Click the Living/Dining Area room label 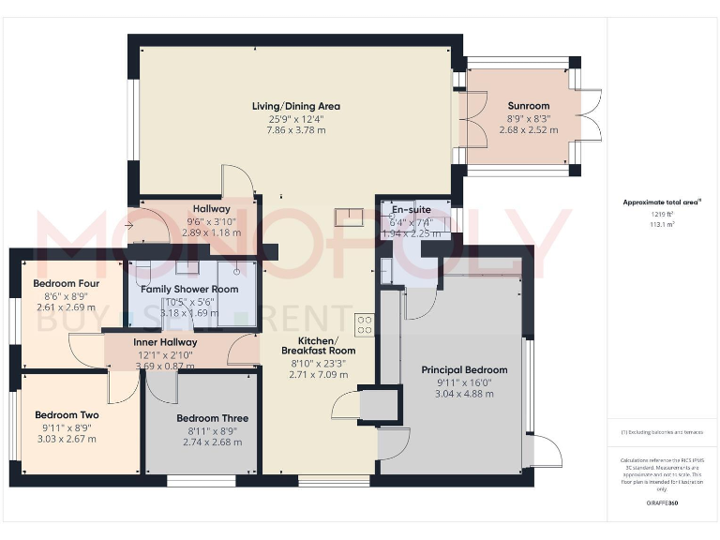[295, 106]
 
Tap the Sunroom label [529, 106]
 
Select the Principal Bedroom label [464, 369]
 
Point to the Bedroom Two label [67, 414]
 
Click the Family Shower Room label [190, 290]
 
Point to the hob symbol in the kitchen [364, 324]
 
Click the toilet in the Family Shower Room [142, 274]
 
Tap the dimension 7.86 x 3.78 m [295, 130]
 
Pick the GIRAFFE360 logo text [663, 503]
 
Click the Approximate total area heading [662, 202]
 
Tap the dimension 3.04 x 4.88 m [464, 394]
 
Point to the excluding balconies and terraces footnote [662, 432]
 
